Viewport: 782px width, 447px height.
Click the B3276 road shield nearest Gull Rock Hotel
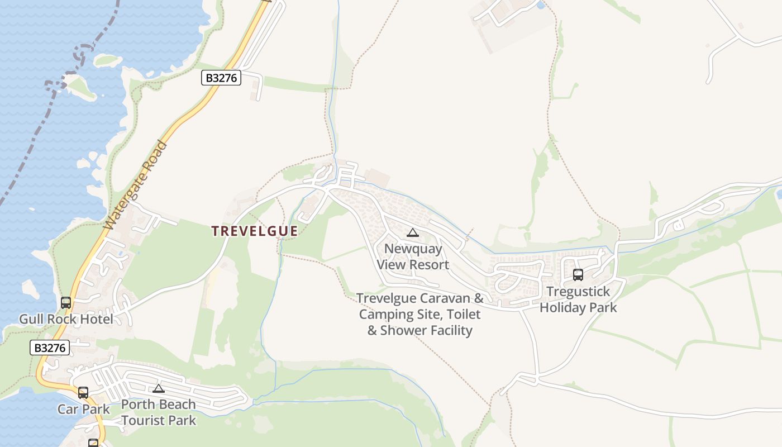(x=50, y=348)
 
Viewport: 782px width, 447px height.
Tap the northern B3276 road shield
(x=221, y=78)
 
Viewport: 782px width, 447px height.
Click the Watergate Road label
(x=136, y=186)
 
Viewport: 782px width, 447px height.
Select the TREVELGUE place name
(x=254, y=231)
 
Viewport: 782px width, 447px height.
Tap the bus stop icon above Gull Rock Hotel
(x=66, y=303)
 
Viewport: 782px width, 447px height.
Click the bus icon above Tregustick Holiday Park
(x=578, y=275)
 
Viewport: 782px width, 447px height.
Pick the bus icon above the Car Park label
(x=83, y=393)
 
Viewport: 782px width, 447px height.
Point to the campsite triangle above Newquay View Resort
(x=413, y=233)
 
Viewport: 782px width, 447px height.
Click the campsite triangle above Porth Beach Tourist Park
(x=159, y=388)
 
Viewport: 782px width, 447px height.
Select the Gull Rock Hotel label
(x=66, y=319)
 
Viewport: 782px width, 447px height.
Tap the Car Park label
(x=84, y=409)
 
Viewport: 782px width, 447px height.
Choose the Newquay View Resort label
(x=413, y=256)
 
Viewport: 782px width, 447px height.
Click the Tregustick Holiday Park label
(x=578, y=299)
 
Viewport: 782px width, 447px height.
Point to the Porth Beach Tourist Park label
(x=159, y=412)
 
